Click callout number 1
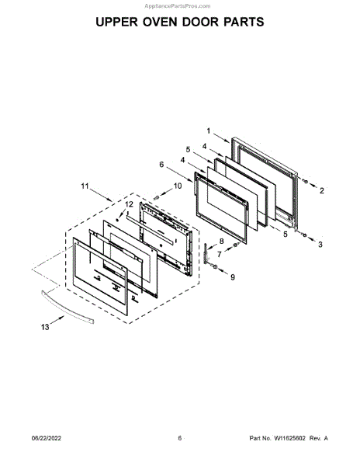[x=209, y=130]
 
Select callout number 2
[x=322, y=191]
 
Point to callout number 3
[x=320, y=245]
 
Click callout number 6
[x=161, y=165]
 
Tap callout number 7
[x=220, y=255]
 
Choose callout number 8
[x=221, y=241]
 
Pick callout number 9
[x=233, y=277]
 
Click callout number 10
[x=178, y=186]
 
